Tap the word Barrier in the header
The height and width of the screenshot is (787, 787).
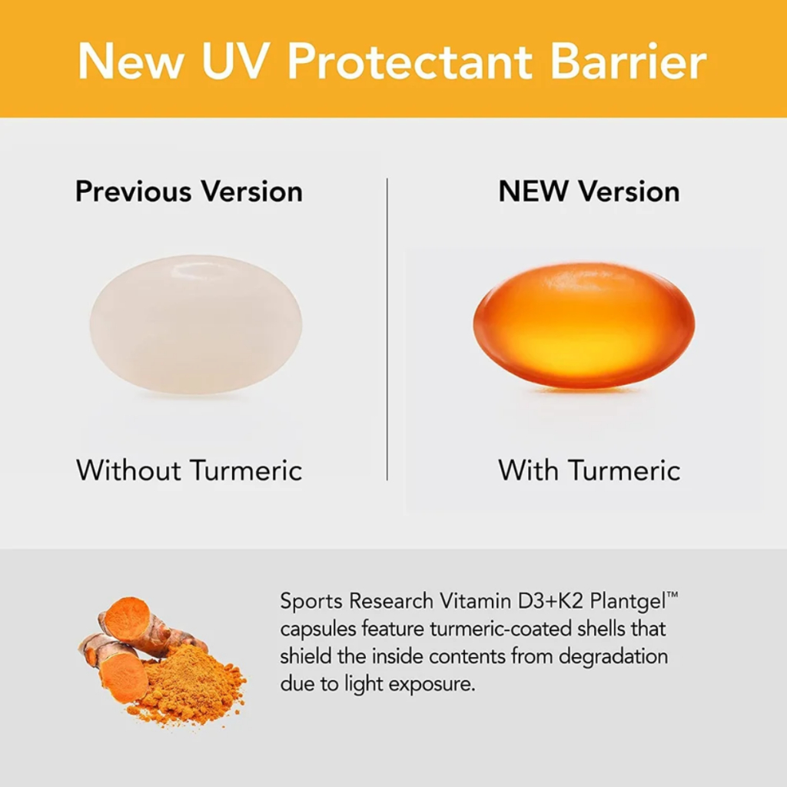pyautogui.click(x=629, y=61)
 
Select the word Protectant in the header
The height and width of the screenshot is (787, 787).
pyautogui.click(x=410, y=61)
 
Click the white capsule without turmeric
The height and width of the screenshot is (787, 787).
pyautogui.click(x=196, y=324)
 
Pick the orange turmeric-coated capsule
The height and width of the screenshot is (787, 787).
pyautogui.click(x=584, y=325)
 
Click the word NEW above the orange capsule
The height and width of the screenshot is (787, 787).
pyautogui.click(x=533, y=191)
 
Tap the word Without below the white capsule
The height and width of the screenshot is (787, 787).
pyautogui.click(x=128, y=470)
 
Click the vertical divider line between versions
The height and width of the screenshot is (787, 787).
pyautogui.click(x=387, y=329)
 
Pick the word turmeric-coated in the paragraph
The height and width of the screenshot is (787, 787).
pyautogui.click(x=500, y=629)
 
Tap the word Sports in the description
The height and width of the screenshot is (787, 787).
pyautogui.click(x=311, y=602)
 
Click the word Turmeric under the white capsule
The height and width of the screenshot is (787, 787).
pyautogui.click(x=247, y=470)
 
